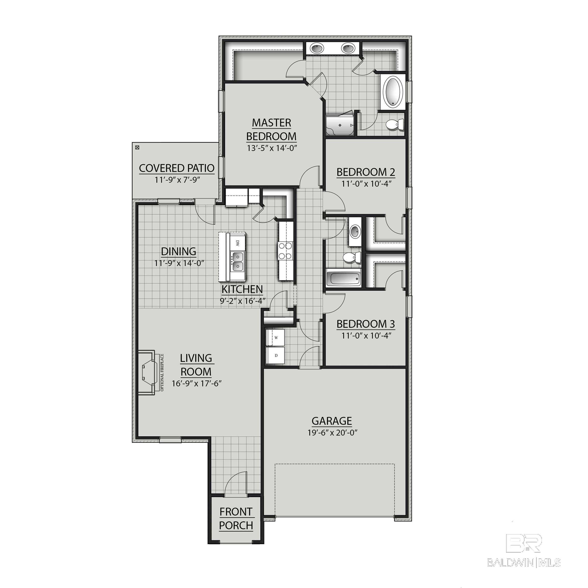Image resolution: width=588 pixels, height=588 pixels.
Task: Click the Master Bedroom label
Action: [271, 129]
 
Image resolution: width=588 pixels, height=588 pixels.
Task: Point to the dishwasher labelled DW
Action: [238, 243]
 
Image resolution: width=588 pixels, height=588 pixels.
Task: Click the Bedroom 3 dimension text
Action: [366, 335]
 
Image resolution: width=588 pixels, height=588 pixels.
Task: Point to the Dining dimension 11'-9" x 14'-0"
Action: [179, 263]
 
